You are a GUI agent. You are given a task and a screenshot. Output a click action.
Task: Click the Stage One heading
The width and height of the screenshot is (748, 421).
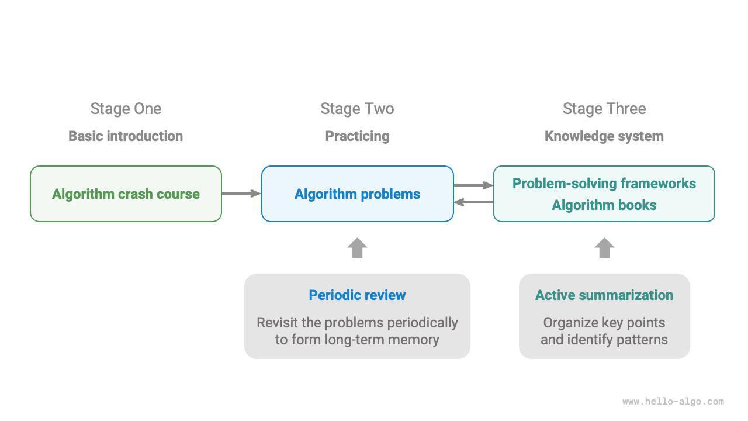[126, 109]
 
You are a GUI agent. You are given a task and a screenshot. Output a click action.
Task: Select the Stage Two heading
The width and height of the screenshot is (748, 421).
[357, 109]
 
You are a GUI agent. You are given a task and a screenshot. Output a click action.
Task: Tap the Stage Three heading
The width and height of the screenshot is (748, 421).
[604, 109]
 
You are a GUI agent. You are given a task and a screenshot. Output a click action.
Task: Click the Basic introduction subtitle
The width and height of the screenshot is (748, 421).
[126, 136]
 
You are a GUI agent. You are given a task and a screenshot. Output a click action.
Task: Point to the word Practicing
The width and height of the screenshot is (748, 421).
[357, 136]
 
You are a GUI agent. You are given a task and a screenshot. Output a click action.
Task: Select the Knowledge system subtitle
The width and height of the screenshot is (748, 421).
[604, 136]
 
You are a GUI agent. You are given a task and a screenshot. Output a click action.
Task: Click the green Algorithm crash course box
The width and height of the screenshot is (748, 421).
[126, 194]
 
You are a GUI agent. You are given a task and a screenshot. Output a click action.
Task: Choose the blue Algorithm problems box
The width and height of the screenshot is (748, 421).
[357, 194]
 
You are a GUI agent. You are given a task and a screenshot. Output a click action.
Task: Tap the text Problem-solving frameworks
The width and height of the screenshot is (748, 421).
[604, 184]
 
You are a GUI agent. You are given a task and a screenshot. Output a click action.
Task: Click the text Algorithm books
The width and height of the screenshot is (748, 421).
[604, 205]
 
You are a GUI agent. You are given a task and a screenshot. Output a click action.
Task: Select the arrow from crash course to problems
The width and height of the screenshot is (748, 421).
[241, 194]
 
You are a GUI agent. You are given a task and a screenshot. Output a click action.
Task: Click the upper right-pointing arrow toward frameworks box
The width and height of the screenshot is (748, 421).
[473, 185]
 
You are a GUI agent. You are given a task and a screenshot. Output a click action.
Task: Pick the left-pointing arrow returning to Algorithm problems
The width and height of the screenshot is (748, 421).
[473, 202]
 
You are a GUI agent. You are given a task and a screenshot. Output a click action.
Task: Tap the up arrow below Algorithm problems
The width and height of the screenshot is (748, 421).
[357, 248]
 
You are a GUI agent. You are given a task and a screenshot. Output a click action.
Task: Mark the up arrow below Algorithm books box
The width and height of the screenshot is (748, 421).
[604, 248]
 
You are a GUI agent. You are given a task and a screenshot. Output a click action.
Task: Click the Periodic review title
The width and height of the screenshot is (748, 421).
[357, 295]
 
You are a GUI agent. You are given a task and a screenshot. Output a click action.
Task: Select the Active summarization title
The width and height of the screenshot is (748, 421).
[604, 295]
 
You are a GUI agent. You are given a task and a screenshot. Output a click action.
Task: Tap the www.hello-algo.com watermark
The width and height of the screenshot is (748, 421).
[673, 402]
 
